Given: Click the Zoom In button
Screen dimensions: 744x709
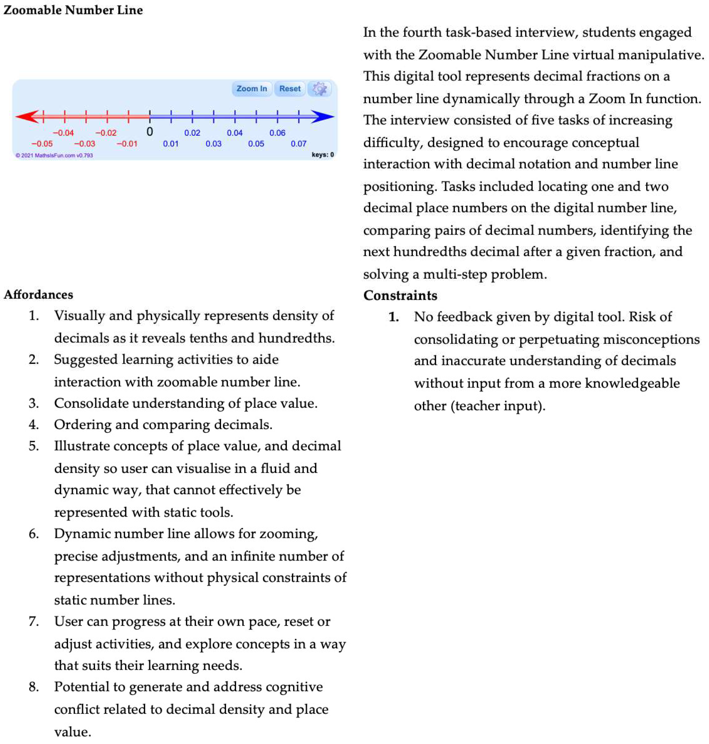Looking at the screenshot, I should [x=251, y=89].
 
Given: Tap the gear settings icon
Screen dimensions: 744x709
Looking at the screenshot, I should [x=319, y=89].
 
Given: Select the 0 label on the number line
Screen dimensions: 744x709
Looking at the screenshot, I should [x=150, y=132].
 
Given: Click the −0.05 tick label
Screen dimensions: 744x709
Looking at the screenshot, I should [x=42, y=144].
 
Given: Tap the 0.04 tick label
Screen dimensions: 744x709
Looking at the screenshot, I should [x=235, y=133].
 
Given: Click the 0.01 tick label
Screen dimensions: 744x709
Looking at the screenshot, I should [x=171, y=144].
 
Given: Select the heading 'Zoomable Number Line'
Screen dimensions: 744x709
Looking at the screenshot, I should [x=73, y=10].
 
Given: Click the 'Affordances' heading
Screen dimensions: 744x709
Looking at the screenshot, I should [x=38, y=294].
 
